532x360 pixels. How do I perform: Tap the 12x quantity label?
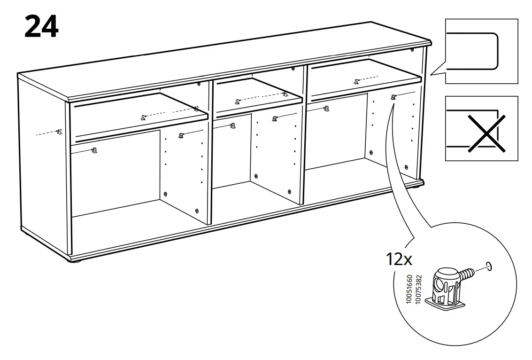pyautogui.click(x=399, y=258)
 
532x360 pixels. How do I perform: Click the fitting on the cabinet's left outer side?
pyautogui.click(x=59, y=132)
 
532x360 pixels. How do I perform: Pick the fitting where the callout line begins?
pyautogui.click(x=393, y=97)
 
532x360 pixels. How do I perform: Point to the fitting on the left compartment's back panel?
pyautogui.click(x=94, y=150)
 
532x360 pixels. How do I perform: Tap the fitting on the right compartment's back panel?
pyautogui.click(x=326, y=109)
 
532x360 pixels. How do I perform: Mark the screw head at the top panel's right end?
pyautogui.click(x=412, y=49)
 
